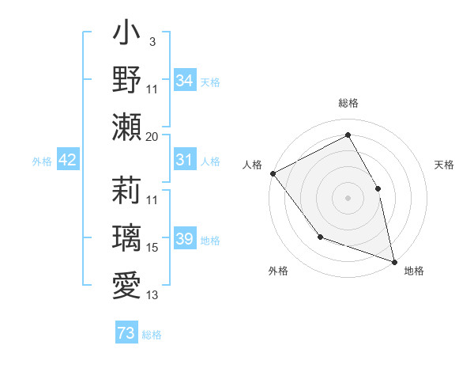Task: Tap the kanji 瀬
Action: (126, 127)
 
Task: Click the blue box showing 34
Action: (184, 81)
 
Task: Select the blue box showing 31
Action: (184, 161)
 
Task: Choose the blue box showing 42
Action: (67, 161)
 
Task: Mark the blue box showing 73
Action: (126, 333)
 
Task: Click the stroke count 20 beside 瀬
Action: (152, 137)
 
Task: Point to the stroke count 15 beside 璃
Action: (152, 248)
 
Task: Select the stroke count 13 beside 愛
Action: (152, 295)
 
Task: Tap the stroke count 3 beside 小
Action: (152, 41)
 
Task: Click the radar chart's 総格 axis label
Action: (348, 103)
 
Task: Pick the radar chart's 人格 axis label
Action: (252, 165)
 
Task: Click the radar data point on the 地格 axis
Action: (393, 260)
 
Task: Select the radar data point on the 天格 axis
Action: (378, 188)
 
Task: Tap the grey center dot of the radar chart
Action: (348, 198)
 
